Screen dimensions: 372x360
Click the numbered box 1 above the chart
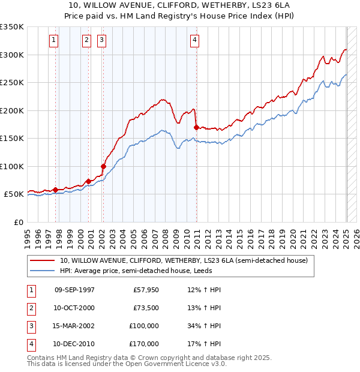[x=54, y=40]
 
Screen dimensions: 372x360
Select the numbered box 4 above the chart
[x=195, y=40]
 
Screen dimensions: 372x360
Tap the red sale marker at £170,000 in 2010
[x=197, y=127]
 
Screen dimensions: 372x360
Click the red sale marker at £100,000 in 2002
[x=103, y=166]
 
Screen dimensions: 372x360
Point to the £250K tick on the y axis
[x=11, y=82]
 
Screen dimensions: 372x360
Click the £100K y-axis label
[x=11, y=166]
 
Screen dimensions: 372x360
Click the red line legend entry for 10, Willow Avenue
[x=184, y=260]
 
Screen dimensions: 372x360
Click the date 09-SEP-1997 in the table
[x=74, y=290]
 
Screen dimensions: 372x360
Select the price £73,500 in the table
[x=146, y=308]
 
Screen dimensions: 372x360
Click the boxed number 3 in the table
[x=30, y=326]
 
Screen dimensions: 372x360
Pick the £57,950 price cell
[x=146, y=290]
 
